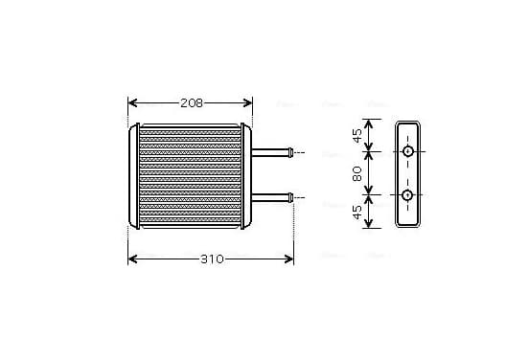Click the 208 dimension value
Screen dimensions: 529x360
click(x=192, y=103)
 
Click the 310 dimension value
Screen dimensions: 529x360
click(x=212, y=259)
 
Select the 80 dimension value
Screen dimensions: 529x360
click(x=356, y=173)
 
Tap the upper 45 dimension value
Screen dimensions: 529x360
click(x=356, y=136)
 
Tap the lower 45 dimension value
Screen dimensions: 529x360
click(x=356, y=212)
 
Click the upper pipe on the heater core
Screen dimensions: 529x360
click(x=272, y=152)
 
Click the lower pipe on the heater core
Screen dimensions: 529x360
click(x=272, y=197)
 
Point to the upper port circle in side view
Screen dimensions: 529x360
click(x=408, y=151)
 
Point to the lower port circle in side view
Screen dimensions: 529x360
click(x=407, y=194)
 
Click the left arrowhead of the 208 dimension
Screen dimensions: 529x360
click(x=133, y=103)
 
